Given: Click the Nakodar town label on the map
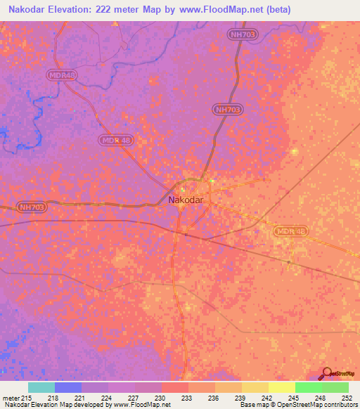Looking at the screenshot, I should click(186, 200).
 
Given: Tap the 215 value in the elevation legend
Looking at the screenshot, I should click(26, 398).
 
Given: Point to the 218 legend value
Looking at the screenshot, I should click(55, 398).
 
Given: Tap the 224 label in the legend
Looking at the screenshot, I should click(108, 398).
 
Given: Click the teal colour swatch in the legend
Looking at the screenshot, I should click(41, 387).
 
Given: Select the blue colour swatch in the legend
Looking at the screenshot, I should click(68, 387).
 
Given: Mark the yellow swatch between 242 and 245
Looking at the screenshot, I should click(281, 387).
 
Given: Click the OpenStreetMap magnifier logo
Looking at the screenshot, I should click(326, 374).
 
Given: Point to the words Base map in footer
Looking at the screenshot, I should click(255, 405).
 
